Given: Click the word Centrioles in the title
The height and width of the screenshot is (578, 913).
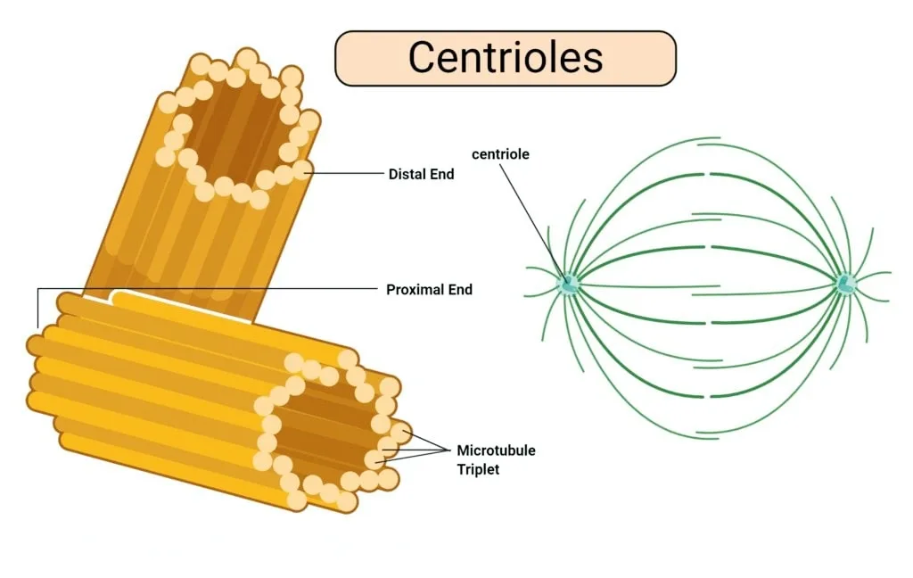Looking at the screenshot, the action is click(x=505, y=57).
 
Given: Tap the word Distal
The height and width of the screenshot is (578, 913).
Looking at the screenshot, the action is click(x=406, y=174).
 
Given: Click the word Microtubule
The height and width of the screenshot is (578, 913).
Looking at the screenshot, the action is click(x=496, y=450).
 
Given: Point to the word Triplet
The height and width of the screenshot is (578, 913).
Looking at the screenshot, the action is click(x=478, y=469).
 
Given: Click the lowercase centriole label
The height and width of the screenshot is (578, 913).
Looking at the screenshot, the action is click(x=500, y=154).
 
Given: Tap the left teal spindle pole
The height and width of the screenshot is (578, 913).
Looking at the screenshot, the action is click(x=568, y=284).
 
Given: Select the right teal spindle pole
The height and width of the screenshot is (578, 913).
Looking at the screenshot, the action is click(x=845, y=284).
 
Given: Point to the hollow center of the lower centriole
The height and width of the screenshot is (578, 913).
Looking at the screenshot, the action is click(x=323, y=428).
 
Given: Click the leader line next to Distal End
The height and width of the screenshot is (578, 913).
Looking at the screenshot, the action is click(x=348, y=173).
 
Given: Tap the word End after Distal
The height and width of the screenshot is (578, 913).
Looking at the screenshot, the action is click(x=441, y=174).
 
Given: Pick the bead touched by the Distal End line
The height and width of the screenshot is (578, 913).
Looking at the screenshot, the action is click(x=302, y=170).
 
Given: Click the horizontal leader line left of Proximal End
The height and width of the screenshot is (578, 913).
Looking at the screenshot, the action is click(x=208, y=288).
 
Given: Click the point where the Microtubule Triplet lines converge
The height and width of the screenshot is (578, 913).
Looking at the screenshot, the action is click(x=450, y=450).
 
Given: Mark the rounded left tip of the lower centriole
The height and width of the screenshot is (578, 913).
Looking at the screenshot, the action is click(x=34, y=345).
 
